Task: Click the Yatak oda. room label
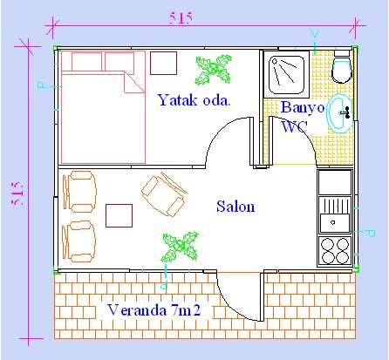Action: coord(194,100)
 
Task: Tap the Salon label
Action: coord(235,207)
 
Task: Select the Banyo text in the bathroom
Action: coord(303,108)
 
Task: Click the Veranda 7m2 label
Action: coord(154,310)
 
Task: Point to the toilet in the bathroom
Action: coord(342,67)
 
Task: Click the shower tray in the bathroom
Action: coord(286,74)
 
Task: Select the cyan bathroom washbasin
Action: coord(340,113)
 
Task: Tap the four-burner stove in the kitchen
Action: coord(335,250)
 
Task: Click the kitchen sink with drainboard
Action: coord(335,214)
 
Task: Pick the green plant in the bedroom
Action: coord(214,70)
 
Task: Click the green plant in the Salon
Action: coord(180,248)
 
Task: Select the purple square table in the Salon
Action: coord(119,215)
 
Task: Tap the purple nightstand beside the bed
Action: coord(163,63)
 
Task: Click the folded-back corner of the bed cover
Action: coord(134,82)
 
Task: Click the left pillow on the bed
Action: coord(86,61)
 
